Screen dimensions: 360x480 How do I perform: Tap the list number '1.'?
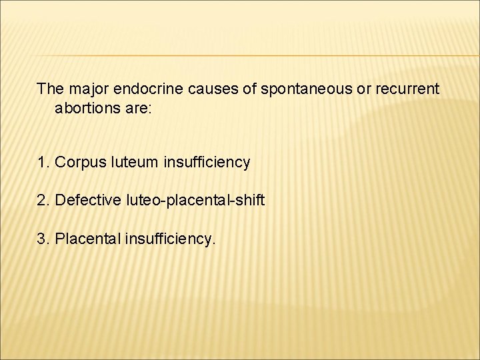tap(44, 162)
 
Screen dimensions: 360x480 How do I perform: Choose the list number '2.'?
tap(44, 200)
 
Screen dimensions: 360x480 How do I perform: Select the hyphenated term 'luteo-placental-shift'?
tap(193, 200)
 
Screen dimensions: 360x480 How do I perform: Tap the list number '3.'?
tap(44, 239)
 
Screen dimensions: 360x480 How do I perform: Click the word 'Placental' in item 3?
tap(87, 239)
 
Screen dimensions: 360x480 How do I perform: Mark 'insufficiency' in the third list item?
tap(169, 239)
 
